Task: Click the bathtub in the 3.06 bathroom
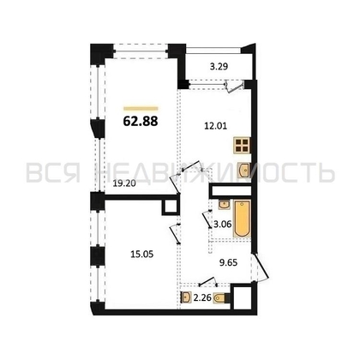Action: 243,219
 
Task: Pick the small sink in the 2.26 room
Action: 187,298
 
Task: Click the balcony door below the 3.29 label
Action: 230,85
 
